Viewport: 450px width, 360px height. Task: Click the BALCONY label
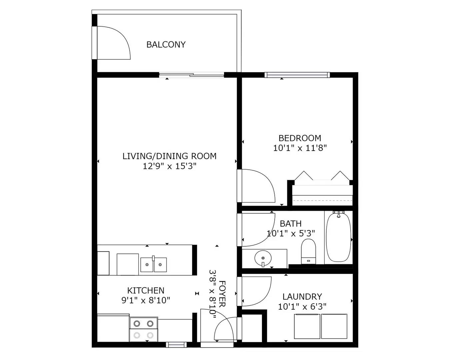click(x=166, y=44)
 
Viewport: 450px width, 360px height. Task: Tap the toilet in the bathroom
click(x=308, y=252)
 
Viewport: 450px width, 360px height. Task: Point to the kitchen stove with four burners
click(x=143, y=329)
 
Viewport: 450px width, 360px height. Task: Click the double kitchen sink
click(x=153, y=265)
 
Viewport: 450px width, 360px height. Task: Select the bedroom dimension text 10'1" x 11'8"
click(x=300, y=148)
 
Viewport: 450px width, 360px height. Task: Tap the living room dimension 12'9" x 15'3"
click(x=169, y=166)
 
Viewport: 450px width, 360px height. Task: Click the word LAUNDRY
click(x=302, y=296)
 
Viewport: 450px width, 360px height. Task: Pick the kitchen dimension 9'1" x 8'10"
click(x=146, y=300)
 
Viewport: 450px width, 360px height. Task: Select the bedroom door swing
click(x=257, y=187)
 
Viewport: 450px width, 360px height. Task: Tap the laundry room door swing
click(x=255, y=291)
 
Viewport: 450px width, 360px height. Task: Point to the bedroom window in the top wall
click(x=297, y=75)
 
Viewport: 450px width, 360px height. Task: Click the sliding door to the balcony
click(x=192, y=75)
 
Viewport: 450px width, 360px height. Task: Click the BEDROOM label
click(x=300, y=138)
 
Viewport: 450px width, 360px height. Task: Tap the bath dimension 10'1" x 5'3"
click(x=291, y=233)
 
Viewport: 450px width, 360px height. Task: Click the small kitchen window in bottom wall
click(x=176, y=345)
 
